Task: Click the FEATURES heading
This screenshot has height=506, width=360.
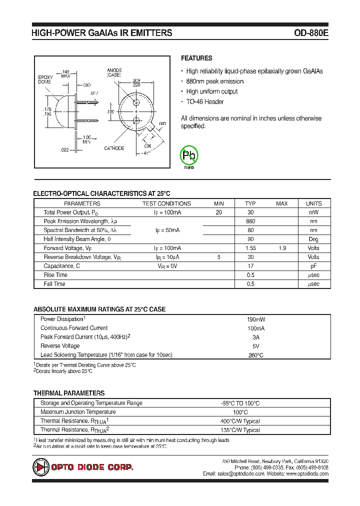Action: click(x=196, y=58)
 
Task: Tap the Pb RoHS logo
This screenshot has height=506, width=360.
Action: click(x=189, y=156)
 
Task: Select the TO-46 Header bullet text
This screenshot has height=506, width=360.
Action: click(x=205, y=102)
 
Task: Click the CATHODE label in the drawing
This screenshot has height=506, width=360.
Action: click(x=114, y=148)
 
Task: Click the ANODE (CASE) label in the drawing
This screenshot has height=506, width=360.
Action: click(x=114, y=72)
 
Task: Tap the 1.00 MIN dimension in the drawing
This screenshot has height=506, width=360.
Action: click(x=86, y=139)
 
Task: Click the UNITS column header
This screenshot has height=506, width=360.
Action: click(x=313, y=203)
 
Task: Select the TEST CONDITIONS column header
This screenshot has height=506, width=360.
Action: click(x=166, y=203)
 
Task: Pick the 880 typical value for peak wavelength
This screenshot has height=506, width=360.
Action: click(x=250, y=221)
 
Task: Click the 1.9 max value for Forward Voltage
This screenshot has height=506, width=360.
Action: click(x=282, y=248)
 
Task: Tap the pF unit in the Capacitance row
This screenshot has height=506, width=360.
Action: click(x=313, y=266)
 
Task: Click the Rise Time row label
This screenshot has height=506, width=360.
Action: click(x=55, y=275)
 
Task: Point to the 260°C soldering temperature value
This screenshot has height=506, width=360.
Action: click(x=255, y=355)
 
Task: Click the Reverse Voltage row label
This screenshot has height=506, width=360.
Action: click(x=60, y=346)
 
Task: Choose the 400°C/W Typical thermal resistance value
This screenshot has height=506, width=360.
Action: click(x=240, y=421)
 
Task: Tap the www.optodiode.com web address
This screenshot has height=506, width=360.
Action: click(x=307, y=473)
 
